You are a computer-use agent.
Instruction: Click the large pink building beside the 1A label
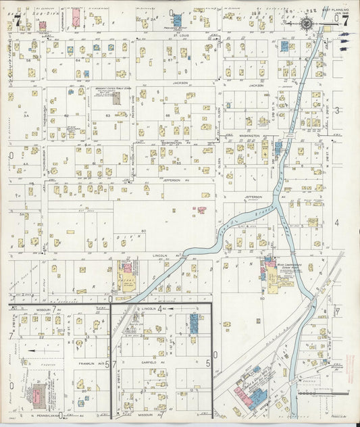pos(41,25)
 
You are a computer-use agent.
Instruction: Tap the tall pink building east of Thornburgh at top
pos(76,16)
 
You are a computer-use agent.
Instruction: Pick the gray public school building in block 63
pos(116,98)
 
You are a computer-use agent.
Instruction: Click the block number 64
pos(78,59)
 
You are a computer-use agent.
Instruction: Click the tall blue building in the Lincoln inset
pos(194,324)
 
